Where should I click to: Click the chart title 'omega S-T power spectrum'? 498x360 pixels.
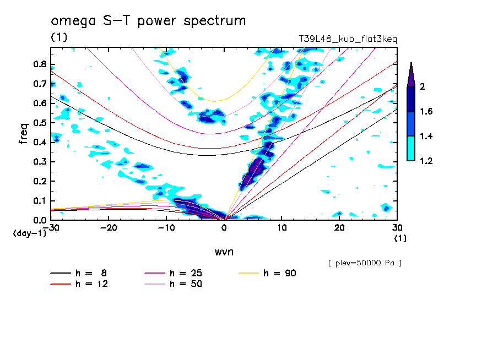[x=148, y=21]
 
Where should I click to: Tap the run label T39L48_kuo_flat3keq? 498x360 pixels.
[x=348, y=40]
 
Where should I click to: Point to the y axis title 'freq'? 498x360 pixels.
[x=23, y=134]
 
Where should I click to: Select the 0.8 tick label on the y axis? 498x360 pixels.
[x=39, y=64]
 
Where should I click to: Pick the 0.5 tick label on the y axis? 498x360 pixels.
[x=39, y=123]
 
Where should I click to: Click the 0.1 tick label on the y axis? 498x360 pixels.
[x=39, y=201]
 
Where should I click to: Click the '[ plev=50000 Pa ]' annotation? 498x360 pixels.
[x=365, y=263]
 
